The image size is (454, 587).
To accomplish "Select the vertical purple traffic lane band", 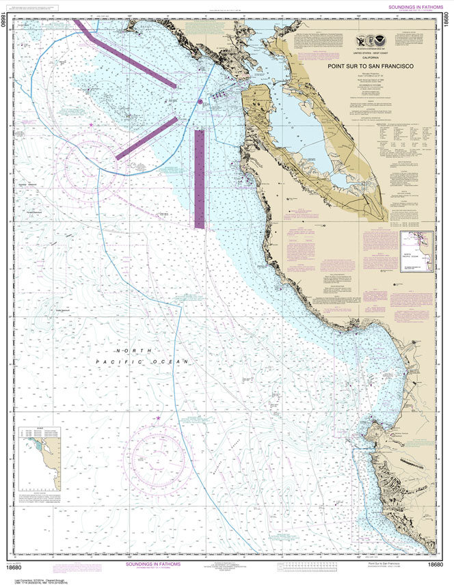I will pos(200,179).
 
